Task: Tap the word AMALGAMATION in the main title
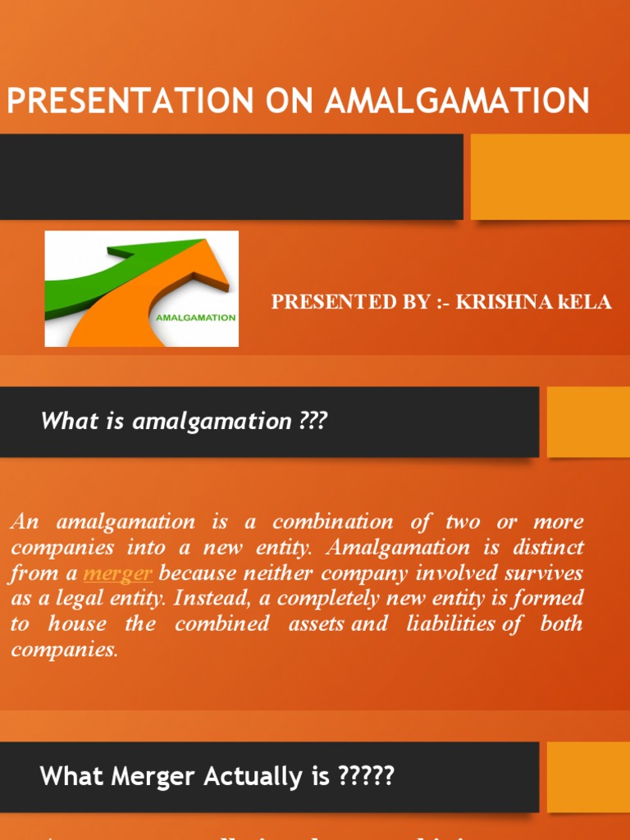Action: point(457,101)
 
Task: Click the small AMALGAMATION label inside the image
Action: point(192,317)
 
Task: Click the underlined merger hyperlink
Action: point(118,573)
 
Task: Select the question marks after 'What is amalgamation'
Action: point(313,422)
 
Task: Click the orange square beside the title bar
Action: point(550,176)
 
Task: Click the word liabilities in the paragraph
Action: point(450,623)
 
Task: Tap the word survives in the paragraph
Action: point(546,573)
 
